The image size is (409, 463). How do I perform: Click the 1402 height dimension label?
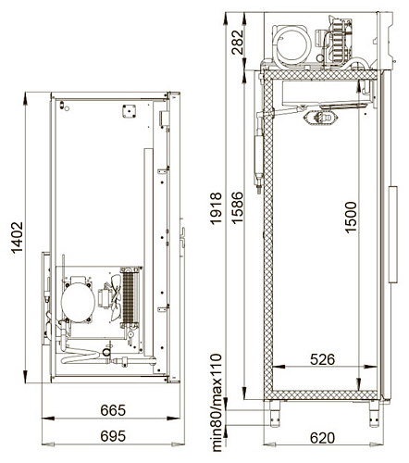pyautogui.click(x=17, y=237)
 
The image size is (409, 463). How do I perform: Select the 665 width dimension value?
pyautogui.click(x=113, y=410)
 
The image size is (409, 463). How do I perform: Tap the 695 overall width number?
pyautogui.click(x=113, y=436)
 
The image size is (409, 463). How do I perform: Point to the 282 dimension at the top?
pyautogui.click(x=238, y=43)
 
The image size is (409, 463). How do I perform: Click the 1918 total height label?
pyautogui.click(x=216, y=208)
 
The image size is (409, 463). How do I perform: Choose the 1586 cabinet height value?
pyautogui.click(x=238, y=207)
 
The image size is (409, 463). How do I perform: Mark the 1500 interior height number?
pyautogui.click(x=351, y=217)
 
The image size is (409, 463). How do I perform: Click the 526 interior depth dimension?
pyautogui.click(x=322, y=359)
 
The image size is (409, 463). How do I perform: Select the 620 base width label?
pyautogui.click(x=322, y=438)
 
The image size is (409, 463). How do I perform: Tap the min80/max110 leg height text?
pyautogui.click(x=217, y=403)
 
